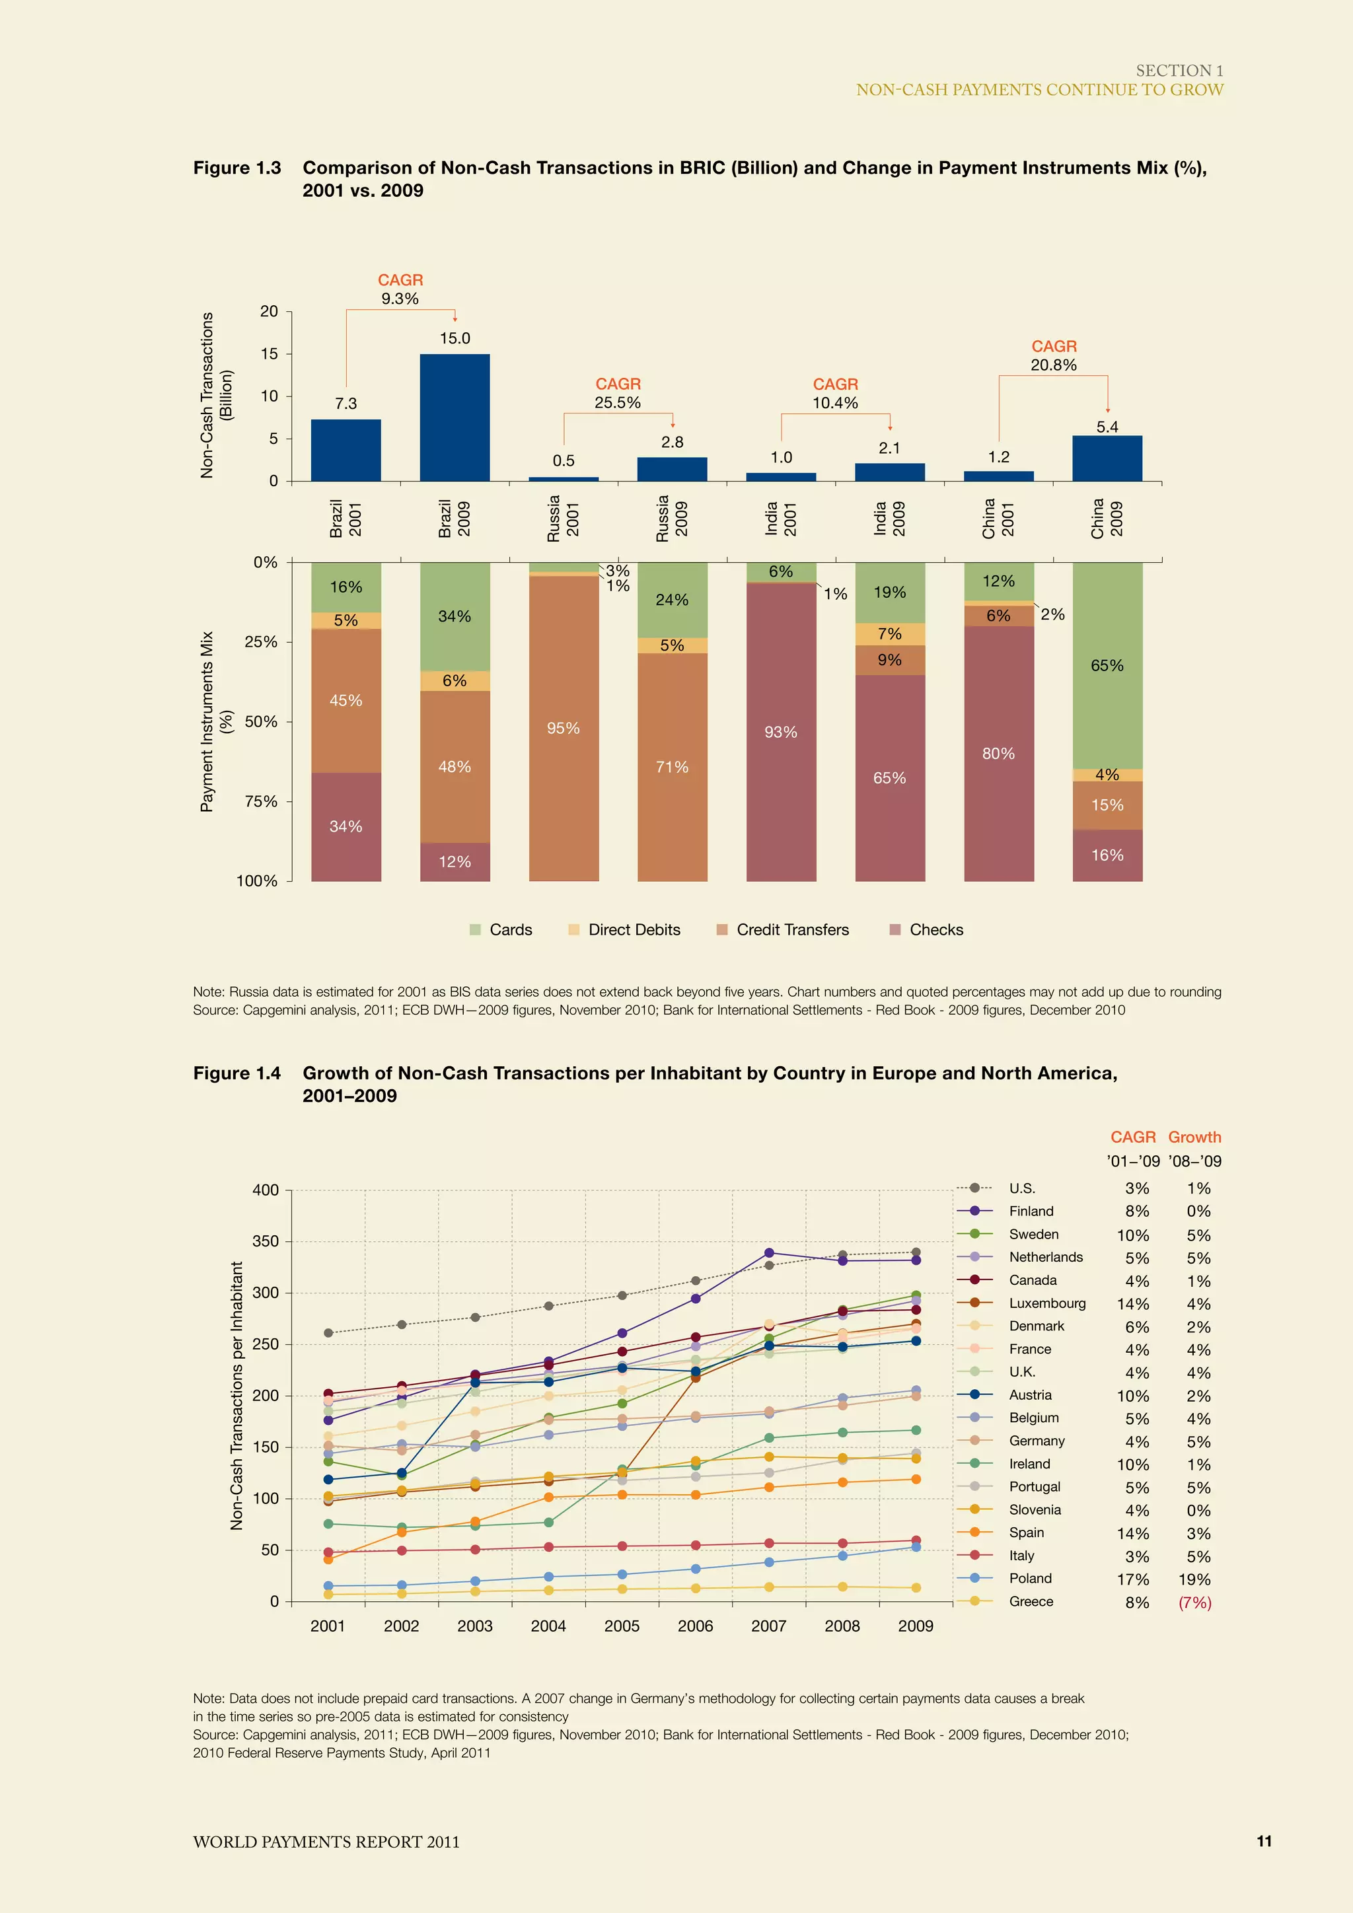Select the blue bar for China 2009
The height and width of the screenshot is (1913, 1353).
tap(1107, 458)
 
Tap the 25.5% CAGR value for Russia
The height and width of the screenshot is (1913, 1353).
tap(617, 403)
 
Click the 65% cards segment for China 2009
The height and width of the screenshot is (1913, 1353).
tap(1107, 665)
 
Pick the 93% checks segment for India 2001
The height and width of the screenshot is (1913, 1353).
tap(781, 731)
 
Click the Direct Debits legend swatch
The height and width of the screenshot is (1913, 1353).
tap(574, 930)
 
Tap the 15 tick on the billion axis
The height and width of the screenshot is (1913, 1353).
tap(269, 354)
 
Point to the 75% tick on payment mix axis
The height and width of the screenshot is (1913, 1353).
tap(261, 801)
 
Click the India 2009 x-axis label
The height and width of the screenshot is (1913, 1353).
tap(889, 519)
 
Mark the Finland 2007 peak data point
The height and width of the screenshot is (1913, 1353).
tap(769, 1253)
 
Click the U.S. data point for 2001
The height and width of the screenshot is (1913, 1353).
tap(328, 1333)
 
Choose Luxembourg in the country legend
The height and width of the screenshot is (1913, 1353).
tap(1046, 1303)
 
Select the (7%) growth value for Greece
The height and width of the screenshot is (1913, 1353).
tap(1194, 1603)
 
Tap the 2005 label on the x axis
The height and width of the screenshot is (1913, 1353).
tap(622, 1626)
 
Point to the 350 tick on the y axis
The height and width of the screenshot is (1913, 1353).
tap(266, 1241)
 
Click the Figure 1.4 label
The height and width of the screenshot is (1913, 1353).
tap(237, 1073)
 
